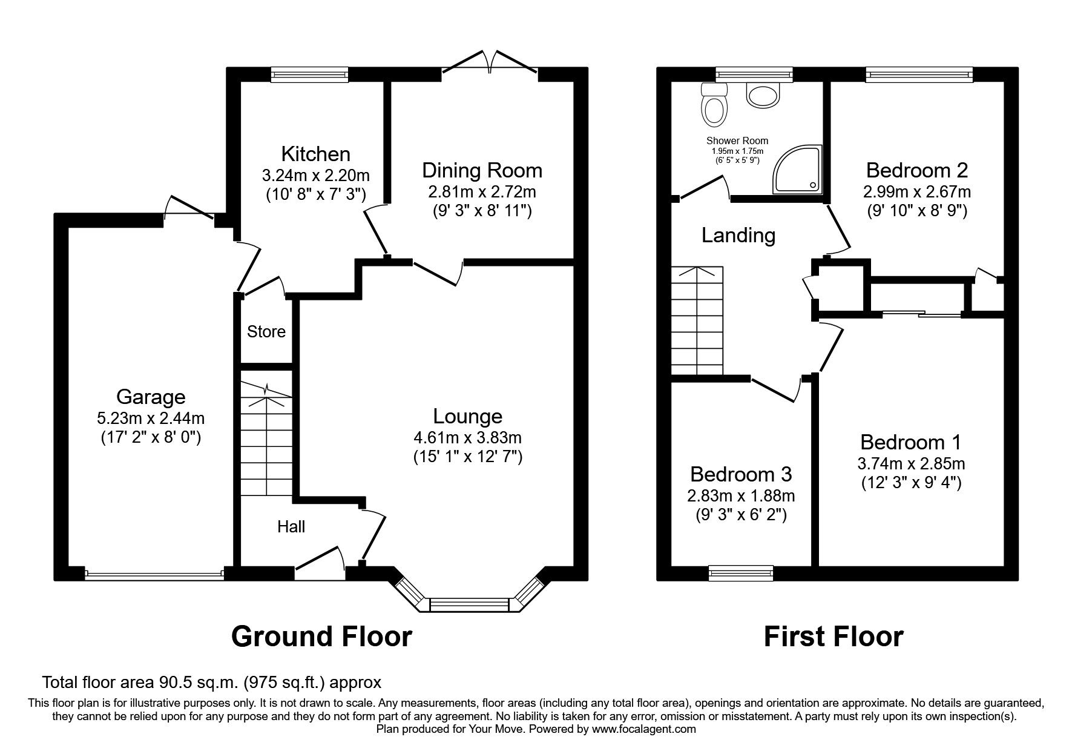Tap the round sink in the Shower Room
764,95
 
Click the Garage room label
150,397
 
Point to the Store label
266,332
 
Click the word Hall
291,527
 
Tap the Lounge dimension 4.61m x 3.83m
467,437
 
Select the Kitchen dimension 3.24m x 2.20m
315,176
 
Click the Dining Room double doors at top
491,67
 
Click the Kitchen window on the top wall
310,74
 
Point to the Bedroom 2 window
919,74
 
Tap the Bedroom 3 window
741,572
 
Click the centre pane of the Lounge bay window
469,604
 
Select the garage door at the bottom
154,574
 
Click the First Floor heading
834,637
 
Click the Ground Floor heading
321,637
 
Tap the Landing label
738,235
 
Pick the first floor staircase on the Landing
697,321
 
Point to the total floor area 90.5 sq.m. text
212,683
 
